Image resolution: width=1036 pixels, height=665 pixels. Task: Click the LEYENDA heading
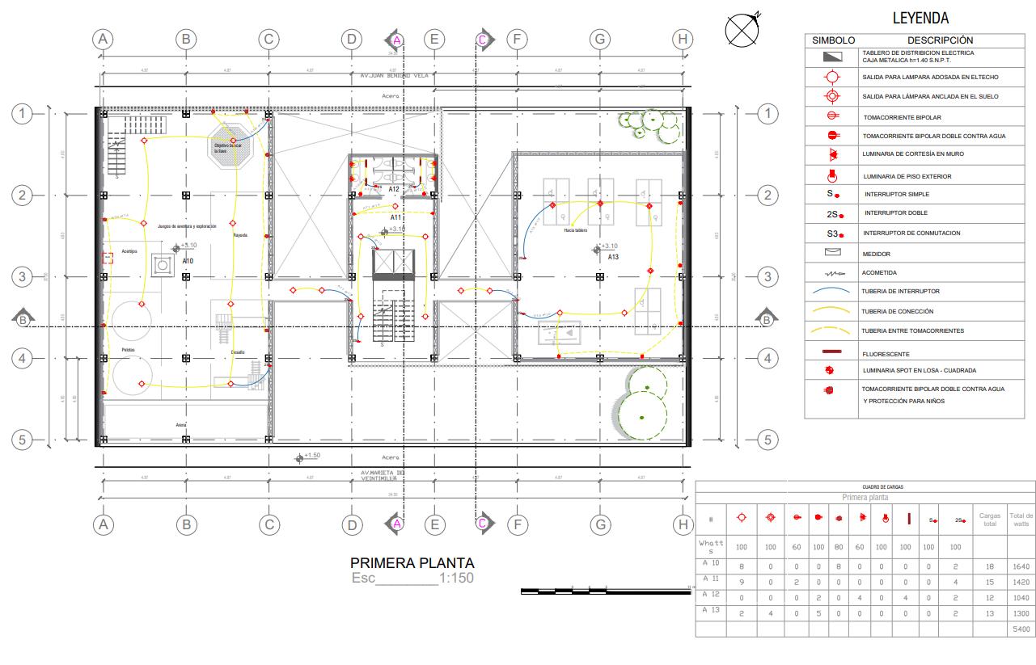920,18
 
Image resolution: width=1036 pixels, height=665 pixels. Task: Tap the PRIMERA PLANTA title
412,563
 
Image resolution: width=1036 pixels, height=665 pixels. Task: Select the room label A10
188,261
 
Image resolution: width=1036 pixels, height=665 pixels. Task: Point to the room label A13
613,257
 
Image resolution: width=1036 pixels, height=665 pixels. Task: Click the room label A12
394,189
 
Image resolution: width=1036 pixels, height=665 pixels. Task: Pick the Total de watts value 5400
1021,628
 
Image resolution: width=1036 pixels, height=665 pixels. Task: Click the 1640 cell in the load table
1021,566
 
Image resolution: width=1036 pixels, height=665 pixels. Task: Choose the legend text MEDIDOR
876,254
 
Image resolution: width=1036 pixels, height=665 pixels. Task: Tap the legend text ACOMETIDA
879,273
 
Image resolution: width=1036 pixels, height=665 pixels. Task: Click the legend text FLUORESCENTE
886,354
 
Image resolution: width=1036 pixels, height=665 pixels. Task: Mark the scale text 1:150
456,579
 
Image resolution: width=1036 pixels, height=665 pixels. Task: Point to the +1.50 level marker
311,456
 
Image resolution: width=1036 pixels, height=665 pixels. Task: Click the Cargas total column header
990,520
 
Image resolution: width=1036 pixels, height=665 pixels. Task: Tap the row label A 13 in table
711,611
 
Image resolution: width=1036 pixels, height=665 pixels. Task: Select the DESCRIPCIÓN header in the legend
940,40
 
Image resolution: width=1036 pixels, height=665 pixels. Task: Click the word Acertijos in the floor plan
129,251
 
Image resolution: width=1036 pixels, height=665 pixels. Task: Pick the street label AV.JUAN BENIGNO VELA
394,75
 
